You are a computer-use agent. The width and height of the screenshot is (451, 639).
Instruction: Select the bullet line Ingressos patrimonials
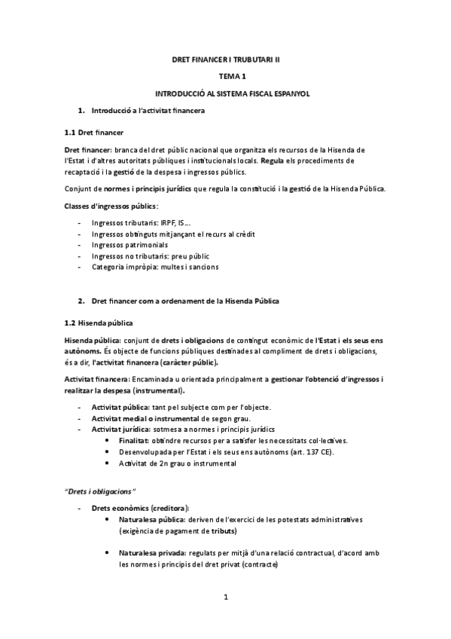(130, 245)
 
